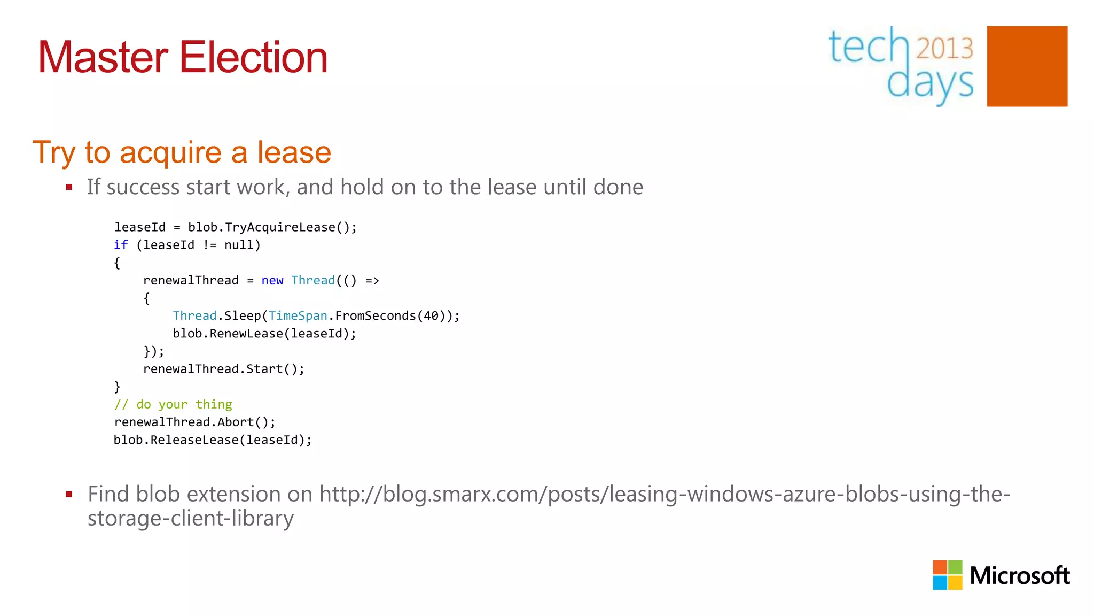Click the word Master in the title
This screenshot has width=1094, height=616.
pyautogui.click(x=103, y=57)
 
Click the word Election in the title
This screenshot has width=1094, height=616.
pyautogui.click(x=253, y=57)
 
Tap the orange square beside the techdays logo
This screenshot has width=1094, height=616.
pyautogui.click(x=1027, y=66)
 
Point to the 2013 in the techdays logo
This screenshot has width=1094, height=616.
pyautogui.click(x=944, y=48)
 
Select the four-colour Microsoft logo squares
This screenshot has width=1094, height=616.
pyautogui.click(x=947, y=575)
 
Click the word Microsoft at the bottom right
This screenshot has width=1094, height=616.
pyautogui.click(x=1019, y=576)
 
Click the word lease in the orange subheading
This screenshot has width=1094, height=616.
pyautogui.click(x=294, y=152)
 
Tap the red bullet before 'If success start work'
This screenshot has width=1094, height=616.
pyautogui.click(x=69, y=187)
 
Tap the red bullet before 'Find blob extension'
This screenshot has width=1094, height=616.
pyautogui.click(x=69, y=495)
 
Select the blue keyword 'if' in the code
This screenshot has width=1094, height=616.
pyautogui.click(x=121, y=245)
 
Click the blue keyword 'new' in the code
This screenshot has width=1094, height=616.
pyautogui.click(x=272, y=281)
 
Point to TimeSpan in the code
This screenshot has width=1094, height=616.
pyautogui.click(x=298, y=316)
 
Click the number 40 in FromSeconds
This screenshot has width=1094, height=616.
pyautogui.click(x=431, y=316)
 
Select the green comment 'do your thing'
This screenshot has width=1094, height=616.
pyautogui.click(x=184, y=404)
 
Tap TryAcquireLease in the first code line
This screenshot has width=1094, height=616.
pyautogui.click(x=280, y=227)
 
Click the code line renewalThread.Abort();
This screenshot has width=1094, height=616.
pyautogui.click(x=194, y=422)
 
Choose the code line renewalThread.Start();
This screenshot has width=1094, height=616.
pyautogui.click(x=223, y=369)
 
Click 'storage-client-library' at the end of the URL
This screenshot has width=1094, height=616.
pyautogui.click(x=191, y=518)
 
